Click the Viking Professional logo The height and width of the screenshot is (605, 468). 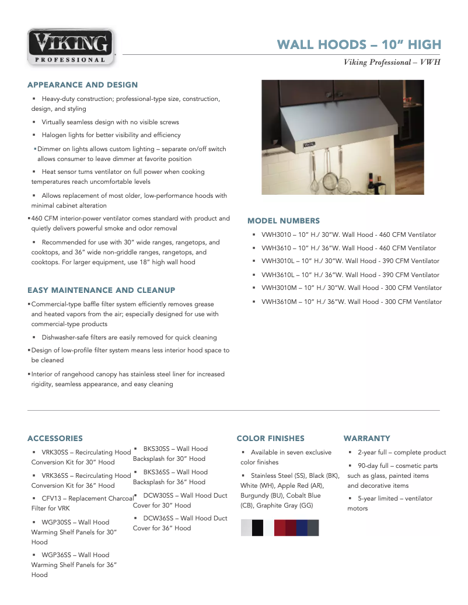click(x=71, y=47)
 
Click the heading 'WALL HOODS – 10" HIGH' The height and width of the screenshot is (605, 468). click(x=358, y=45)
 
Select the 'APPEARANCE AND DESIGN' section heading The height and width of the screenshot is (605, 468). click(x=82, y=85)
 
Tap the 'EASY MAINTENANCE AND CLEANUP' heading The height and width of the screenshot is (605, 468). click(x=101, y=290)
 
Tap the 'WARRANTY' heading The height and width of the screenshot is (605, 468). click(x=366, y=438)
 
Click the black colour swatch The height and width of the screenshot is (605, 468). click(x=257, y=527)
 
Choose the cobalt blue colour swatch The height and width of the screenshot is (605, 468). click(x=302, y=527)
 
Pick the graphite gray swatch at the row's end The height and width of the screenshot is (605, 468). click(x=313, y=527)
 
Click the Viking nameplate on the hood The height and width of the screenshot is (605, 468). click(x=309, y=142)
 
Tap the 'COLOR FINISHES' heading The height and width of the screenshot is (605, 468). click(x=270, y=438)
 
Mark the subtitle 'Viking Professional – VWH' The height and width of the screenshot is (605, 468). click(x=392, y=62)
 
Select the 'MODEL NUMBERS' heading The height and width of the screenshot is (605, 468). click(x=284, y=221)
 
